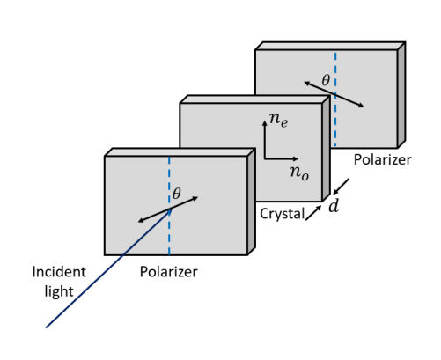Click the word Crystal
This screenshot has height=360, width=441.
tap(283, 214)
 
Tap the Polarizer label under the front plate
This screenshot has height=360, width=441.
tap(169, 272)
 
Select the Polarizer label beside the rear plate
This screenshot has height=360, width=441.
tap(383, 159)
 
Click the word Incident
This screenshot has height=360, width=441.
tap(59, 272)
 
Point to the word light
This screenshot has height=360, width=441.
tap(59, 291)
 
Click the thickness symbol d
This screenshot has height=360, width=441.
tap(334, 206)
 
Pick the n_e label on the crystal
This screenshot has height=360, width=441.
tap(279, 120)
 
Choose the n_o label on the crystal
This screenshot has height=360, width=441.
tap(299, 173)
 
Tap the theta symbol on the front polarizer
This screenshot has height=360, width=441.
tap(177, 194)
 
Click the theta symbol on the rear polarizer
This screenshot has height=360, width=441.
tap(326, 80)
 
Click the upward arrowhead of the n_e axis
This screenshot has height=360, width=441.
tap(265, 123)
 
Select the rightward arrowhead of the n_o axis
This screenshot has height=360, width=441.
tap(295, 158)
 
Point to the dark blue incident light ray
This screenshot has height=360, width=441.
tap(108, 268)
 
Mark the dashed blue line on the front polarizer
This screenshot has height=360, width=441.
tap(169, 205)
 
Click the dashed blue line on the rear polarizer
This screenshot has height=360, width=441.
tap(335, 99)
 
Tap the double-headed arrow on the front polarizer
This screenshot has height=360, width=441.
tap(168, 209)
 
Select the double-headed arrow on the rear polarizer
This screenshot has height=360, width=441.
tap(334, 94)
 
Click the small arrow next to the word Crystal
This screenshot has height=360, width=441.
tap(313, 213)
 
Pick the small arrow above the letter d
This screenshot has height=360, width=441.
tap(341, 187)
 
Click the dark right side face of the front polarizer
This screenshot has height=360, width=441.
tap(252, 202)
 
